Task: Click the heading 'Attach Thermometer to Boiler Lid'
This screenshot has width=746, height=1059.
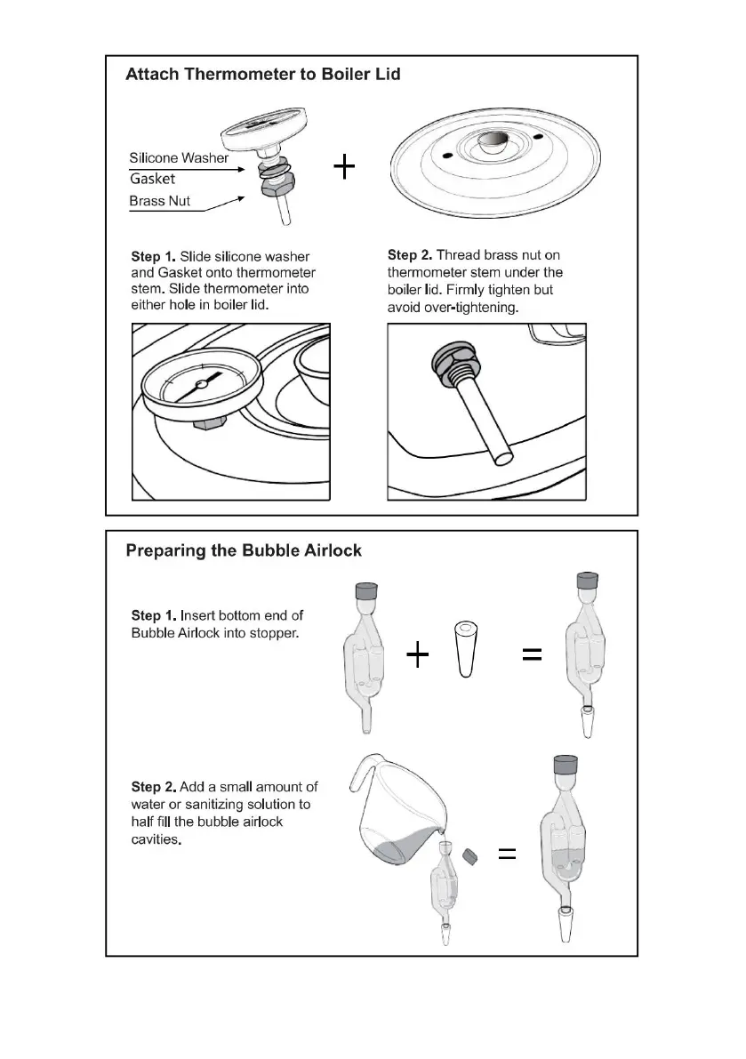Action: click(262, 75)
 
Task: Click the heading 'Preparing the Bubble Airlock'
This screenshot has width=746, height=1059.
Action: click(244, 550)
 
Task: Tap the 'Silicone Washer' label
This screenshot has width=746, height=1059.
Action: click(179, 158)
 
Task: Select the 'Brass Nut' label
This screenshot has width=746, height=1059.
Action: click(160, 201)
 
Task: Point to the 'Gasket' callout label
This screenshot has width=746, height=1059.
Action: click(152, 179)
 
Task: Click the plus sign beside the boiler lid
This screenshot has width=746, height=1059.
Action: click(344, 166)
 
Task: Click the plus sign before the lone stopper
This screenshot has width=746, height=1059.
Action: click(417, 656)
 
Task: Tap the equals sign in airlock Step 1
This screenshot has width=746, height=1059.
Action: click(531, 655)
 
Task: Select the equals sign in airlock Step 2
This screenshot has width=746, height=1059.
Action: click(507, 854)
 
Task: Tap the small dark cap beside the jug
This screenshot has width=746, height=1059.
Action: click(472, 855)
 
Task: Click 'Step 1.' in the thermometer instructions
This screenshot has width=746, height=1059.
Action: click(153, 257)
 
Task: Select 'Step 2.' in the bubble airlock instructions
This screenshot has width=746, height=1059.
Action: click(153, 787)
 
